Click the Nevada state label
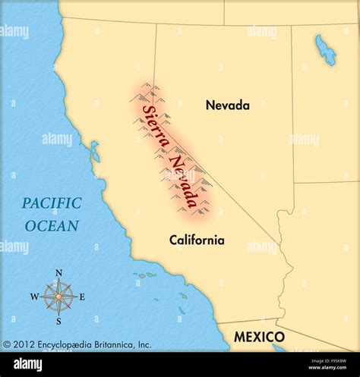(227, 105)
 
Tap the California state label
(197, 240)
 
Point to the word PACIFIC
(52, 203)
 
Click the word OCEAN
(52, 225)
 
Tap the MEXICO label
(258, 337)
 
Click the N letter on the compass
(58, 274)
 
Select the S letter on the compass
(58, 321)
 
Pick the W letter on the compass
(34, 297)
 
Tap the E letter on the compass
(82, 297)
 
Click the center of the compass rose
(58, 297)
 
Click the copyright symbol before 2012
(8, 344)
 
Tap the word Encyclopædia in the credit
(66, 344)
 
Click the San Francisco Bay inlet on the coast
(94, 152)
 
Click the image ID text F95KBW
(335, 365)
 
